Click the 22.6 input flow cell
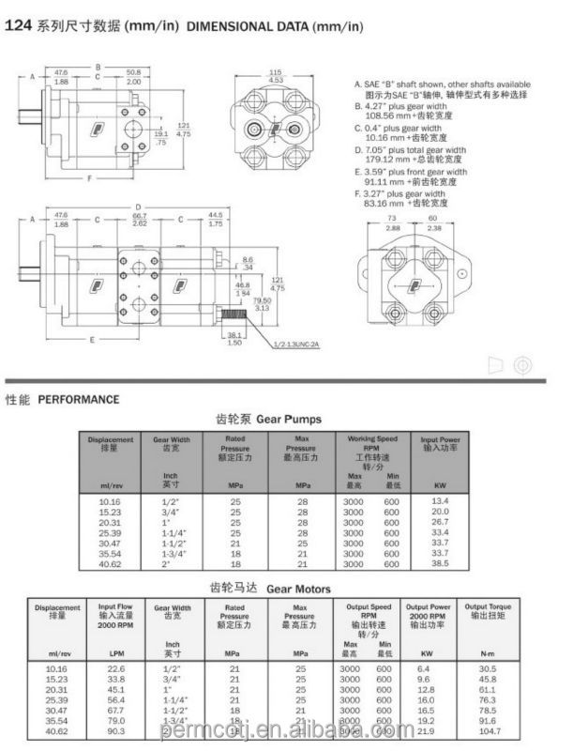pyautogui.click(x=117, y=668)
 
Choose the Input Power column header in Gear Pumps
pyautogui.click(x=440, y=443)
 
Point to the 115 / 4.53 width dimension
pyautogui.click(x=275, y=77)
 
